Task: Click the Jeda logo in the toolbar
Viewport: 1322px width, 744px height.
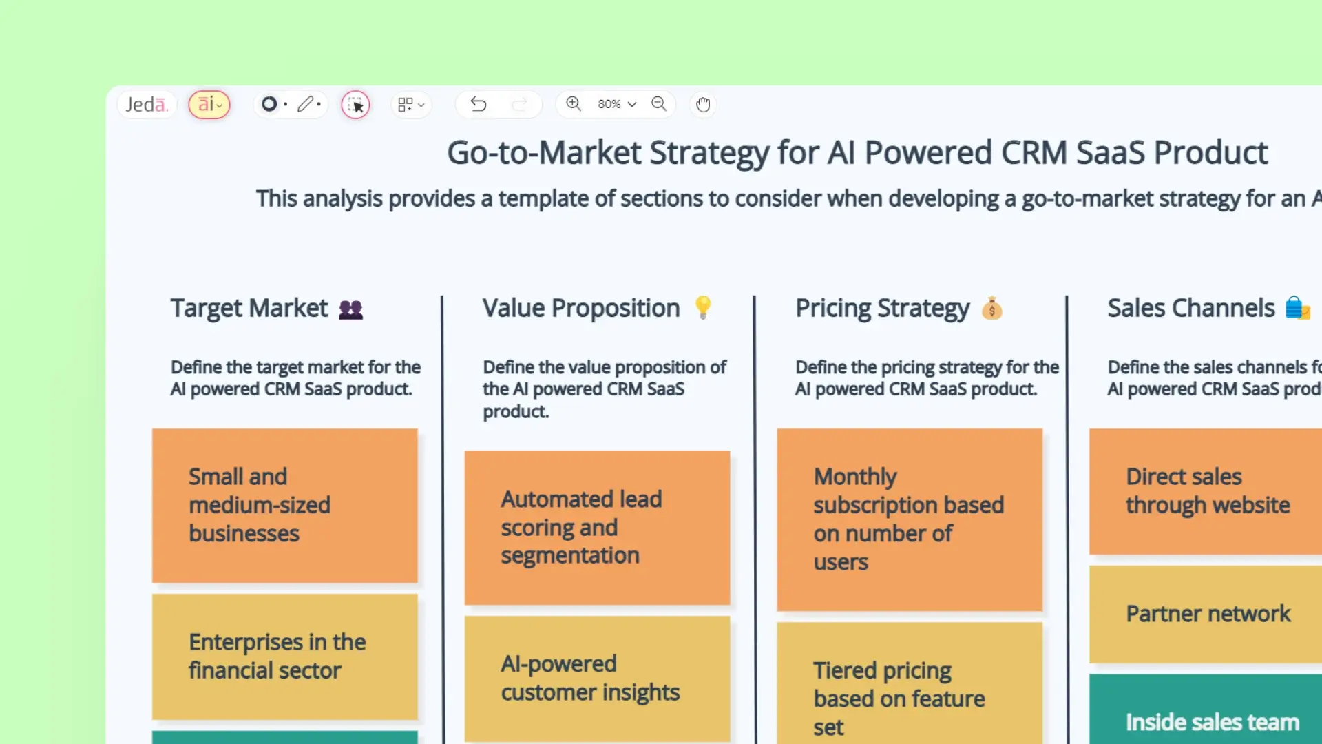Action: (x=147, y=105)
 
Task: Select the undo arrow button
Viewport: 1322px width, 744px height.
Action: (x=479, y=104)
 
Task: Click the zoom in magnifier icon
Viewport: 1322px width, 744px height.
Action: (x=574, y=104)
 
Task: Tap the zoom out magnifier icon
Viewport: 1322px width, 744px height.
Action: (x=659, y=104)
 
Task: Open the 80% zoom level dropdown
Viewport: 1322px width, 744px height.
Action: (x=616, y=104)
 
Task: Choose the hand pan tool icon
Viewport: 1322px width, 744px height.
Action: (x=702, y=105)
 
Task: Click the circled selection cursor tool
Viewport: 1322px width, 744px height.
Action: (x=355, y=105)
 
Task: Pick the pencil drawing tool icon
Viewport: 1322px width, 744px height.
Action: (x=305, y=104)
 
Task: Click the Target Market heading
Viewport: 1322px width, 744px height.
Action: (x=249, y=308)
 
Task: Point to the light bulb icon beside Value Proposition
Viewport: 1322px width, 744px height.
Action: (x=703, y=307)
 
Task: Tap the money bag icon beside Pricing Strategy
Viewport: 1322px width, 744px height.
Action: (x=992, y=309)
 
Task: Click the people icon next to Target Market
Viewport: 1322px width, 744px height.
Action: (x=350, y=309)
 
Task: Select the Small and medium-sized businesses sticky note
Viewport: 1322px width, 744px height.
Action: (x=284, y=506)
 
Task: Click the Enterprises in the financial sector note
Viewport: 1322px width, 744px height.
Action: (x=284, y=657)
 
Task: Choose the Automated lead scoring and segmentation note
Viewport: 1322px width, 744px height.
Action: (x=597, y=528)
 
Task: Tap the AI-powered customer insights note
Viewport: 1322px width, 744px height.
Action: (x=597, y=679)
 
